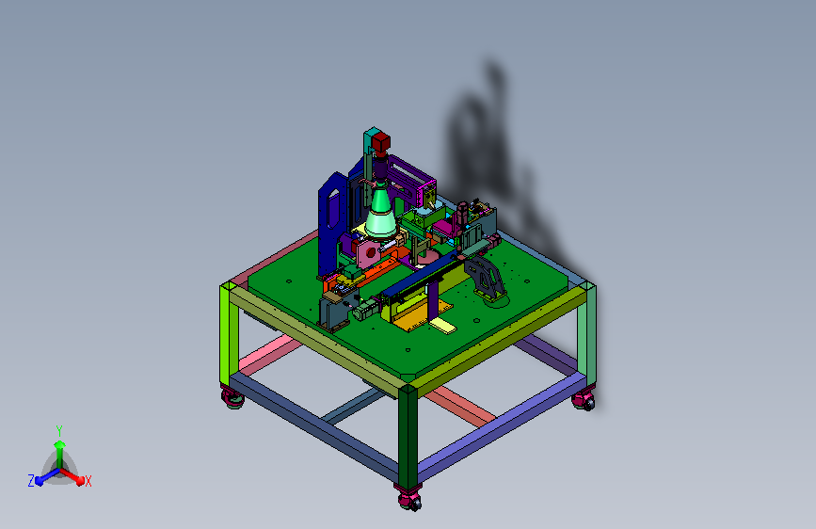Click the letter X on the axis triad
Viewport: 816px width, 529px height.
point(88,482)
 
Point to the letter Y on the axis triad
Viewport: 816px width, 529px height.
point(59,430)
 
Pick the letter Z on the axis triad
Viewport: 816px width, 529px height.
point(31,481)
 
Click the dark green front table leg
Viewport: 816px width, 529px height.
point(408,439)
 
